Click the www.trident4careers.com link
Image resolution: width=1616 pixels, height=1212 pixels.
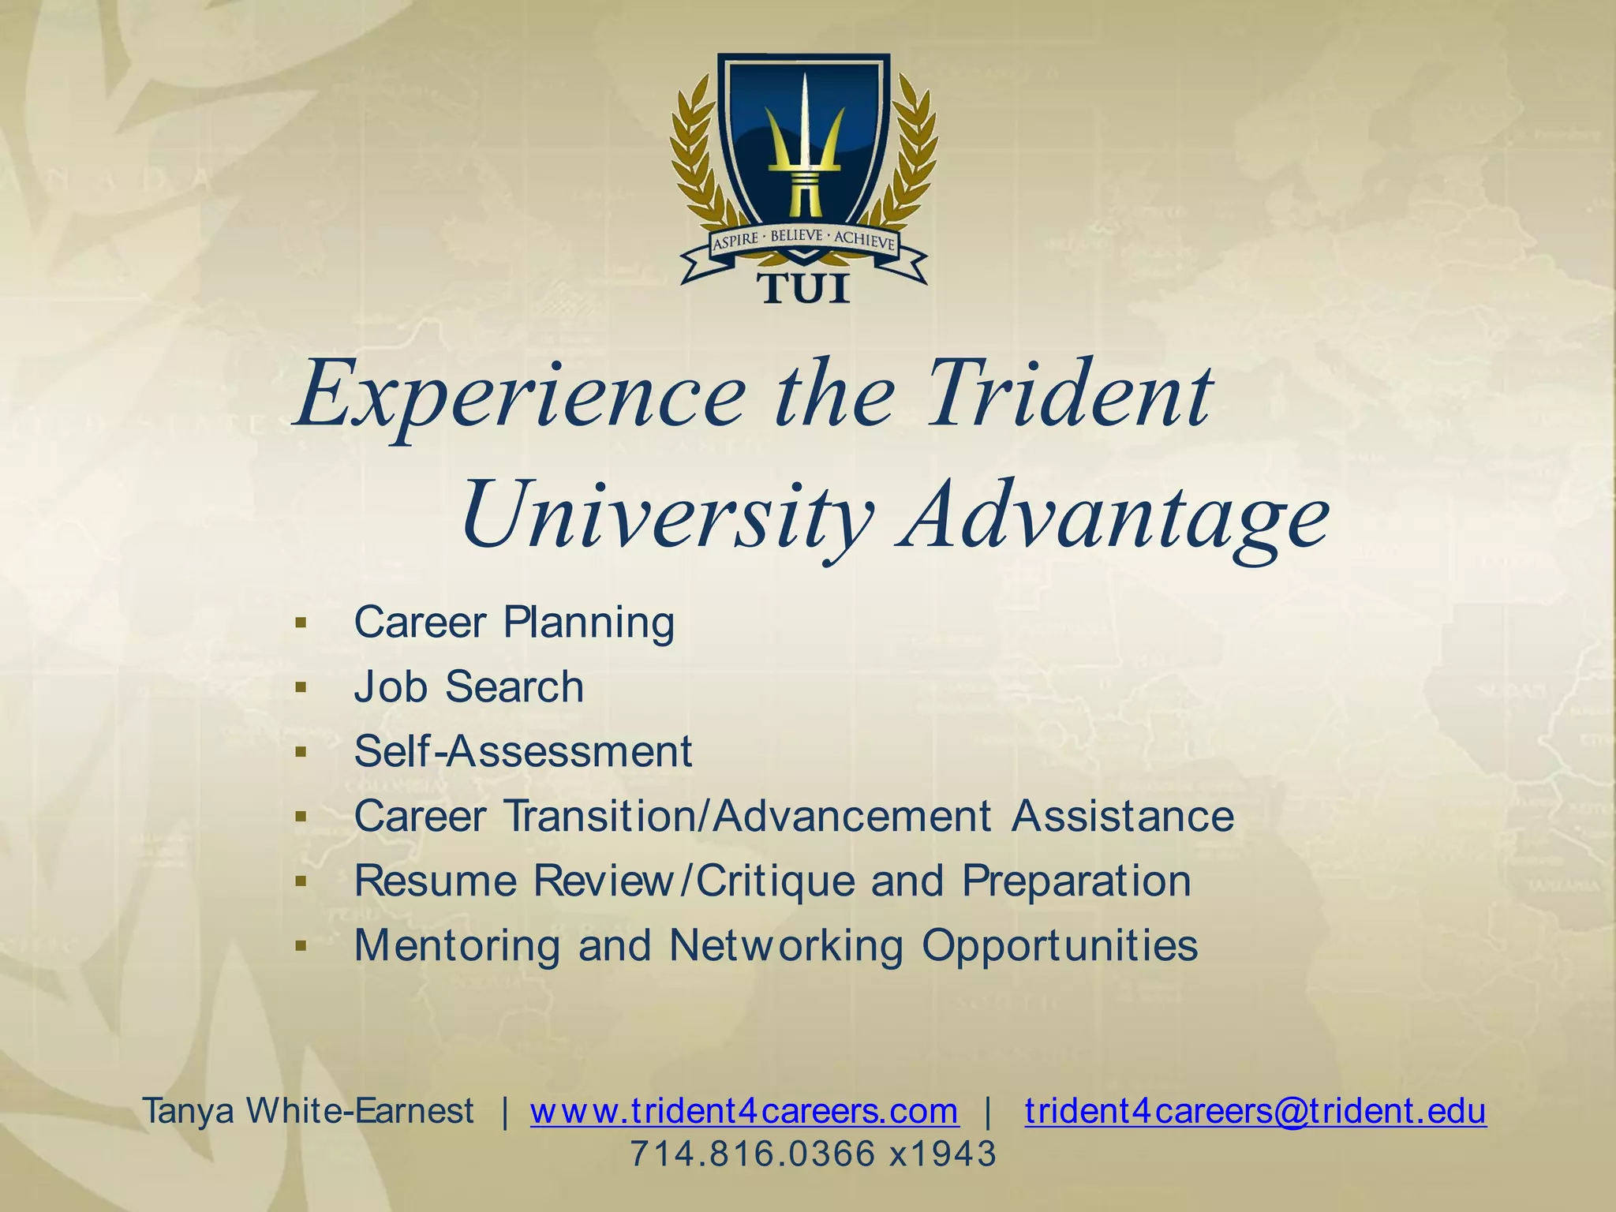coord(744,1112)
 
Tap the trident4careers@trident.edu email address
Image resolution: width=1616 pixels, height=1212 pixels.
coord(1255,1112)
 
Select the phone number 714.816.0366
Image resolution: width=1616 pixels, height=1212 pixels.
coord(753,1154)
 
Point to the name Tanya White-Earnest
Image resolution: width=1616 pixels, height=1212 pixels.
coord(309,1112)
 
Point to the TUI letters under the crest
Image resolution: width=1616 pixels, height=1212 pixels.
coord(804,289)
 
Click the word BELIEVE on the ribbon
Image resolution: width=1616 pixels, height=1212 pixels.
coord(796,235)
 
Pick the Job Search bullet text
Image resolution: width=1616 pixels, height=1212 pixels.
coord(469,686)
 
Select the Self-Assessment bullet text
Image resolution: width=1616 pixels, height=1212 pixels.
coord(523,751)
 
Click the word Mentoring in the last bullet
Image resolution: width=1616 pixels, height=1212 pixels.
coord(457,945)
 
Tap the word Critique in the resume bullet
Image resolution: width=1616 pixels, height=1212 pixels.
coord(776,881)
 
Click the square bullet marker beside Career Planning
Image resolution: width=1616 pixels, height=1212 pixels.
coord(300,623)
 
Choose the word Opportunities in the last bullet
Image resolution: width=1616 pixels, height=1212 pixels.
coord(1060,945)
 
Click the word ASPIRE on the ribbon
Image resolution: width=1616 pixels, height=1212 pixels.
coord(736,241)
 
